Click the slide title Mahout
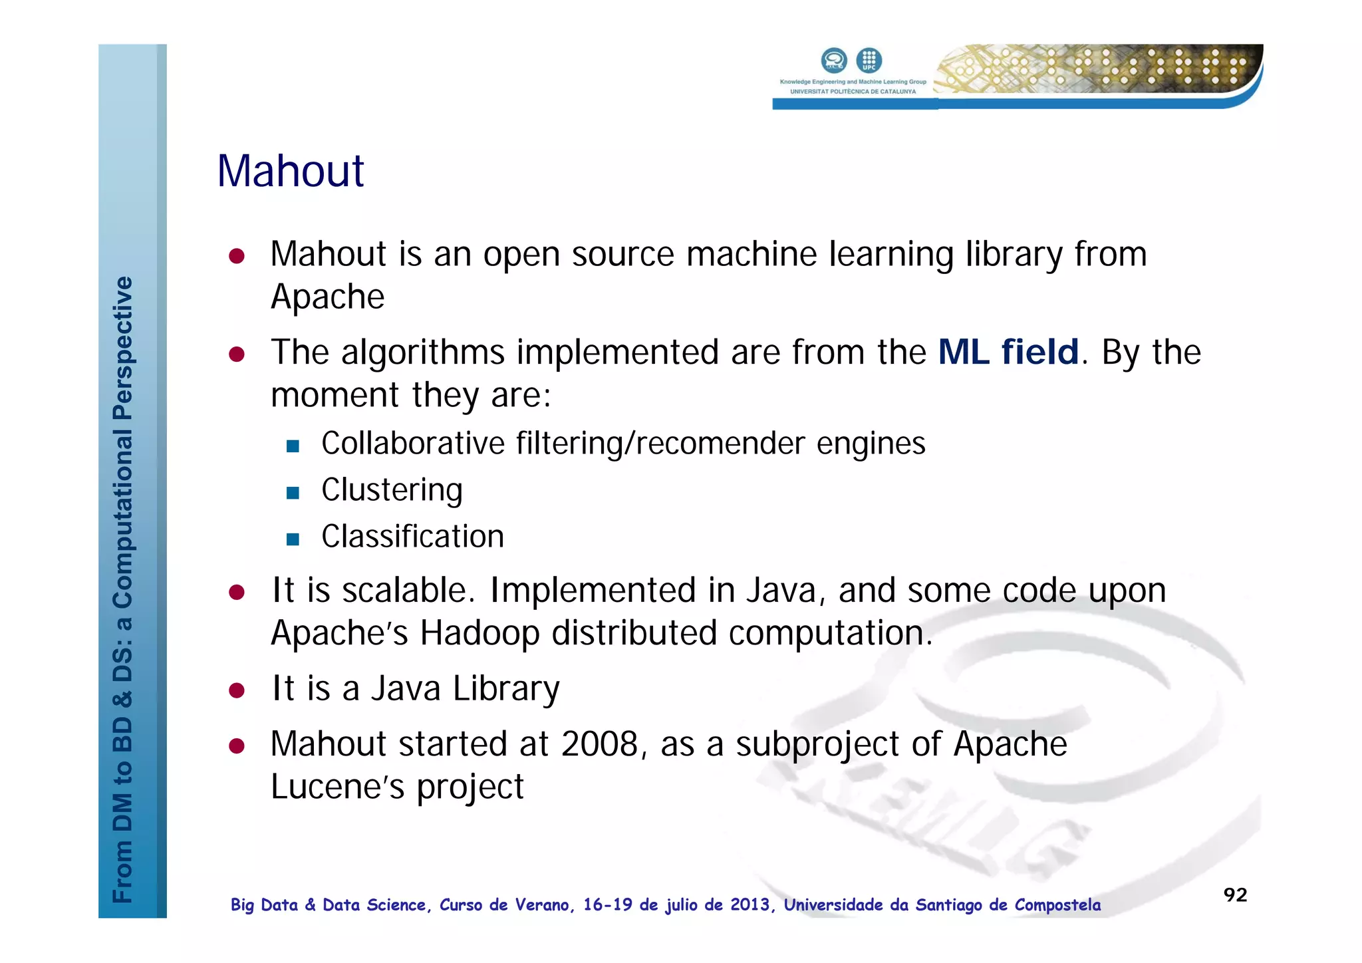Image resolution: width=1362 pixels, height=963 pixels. coord(291,172)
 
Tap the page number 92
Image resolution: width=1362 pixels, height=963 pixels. coord(1235,894)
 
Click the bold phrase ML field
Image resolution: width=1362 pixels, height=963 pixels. coord(1008,352)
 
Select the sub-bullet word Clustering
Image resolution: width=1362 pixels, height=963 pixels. coord(392,491)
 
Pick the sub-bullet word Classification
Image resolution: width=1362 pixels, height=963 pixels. coord(412,537)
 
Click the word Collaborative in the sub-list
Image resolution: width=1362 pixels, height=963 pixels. coord(413,444)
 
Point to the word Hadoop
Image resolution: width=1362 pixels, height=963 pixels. coord(479,633)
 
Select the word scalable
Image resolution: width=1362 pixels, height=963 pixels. coord(408,591)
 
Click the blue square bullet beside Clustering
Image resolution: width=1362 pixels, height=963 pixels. coord(293,493)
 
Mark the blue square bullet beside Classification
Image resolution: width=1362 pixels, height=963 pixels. coord(293,539)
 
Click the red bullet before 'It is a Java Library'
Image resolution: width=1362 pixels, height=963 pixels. coord(237,690)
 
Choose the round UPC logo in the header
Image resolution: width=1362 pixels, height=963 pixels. coord(869,61)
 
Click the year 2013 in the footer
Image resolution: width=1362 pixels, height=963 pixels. coord(751,905)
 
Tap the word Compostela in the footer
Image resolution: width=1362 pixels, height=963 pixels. coord(1057,905)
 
